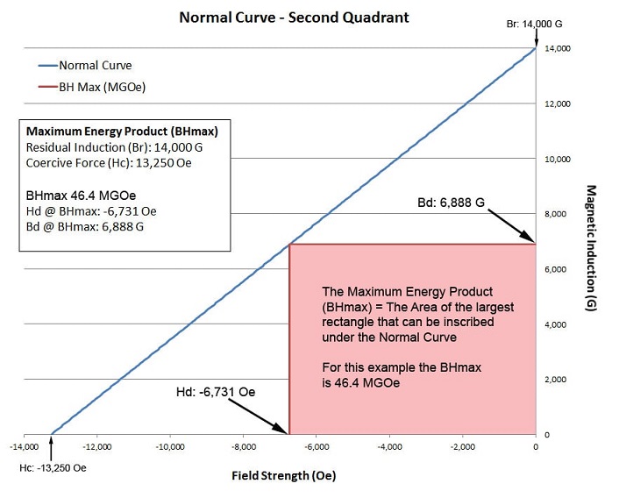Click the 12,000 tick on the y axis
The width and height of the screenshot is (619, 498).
(x=558, y=104)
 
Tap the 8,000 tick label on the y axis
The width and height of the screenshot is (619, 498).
(x=558, y=215)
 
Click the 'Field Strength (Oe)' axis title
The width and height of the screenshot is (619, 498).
(x=283, y=476)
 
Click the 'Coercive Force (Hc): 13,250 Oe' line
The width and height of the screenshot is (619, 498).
(x=107, y=161)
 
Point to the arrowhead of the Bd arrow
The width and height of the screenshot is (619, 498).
(x=531, y=240)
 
